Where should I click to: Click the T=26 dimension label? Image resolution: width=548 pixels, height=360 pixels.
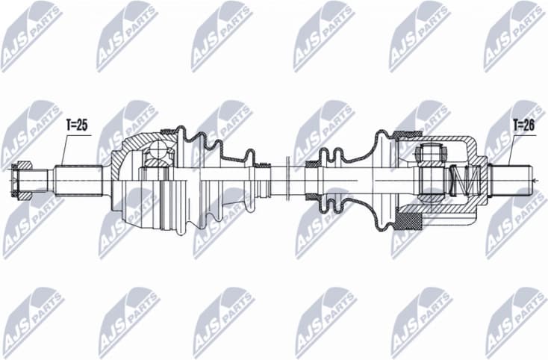(523, 125)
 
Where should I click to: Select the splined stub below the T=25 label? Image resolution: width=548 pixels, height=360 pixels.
(78, 180)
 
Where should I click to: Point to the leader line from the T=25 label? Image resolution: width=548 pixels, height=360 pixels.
(63, 149)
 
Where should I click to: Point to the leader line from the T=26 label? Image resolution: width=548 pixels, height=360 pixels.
(511, 149)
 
